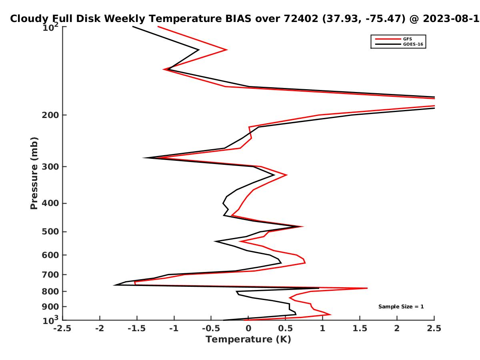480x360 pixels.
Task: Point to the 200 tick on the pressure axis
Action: point(54,115)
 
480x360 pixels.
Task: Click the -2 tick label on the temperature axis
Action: point(100,328)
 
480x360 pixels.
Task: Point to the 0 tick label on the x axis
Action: point(248,328)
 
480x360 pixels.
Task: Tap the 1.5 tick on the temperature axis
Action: point(360,328)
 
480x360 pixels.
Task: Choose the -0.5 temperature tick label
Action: point(211,328)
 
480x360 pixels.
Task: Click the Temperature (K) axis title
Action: point(248,340)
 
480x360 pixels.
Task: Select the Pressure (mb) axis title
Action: point(34,173)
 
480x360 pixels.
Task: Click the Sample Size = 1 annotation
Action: point(401,306)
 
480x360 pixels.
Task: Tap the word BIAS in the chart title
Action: point(238,19)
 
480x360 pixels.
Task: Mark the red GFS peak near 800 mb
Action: point(367,288)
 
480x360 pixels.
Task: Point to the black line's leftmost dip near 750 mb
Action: point(114,285)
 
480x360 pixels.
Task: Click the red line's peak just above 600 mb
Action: point(305,263)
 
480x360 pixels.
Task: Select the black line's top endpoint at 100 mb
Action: point(133,27)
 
